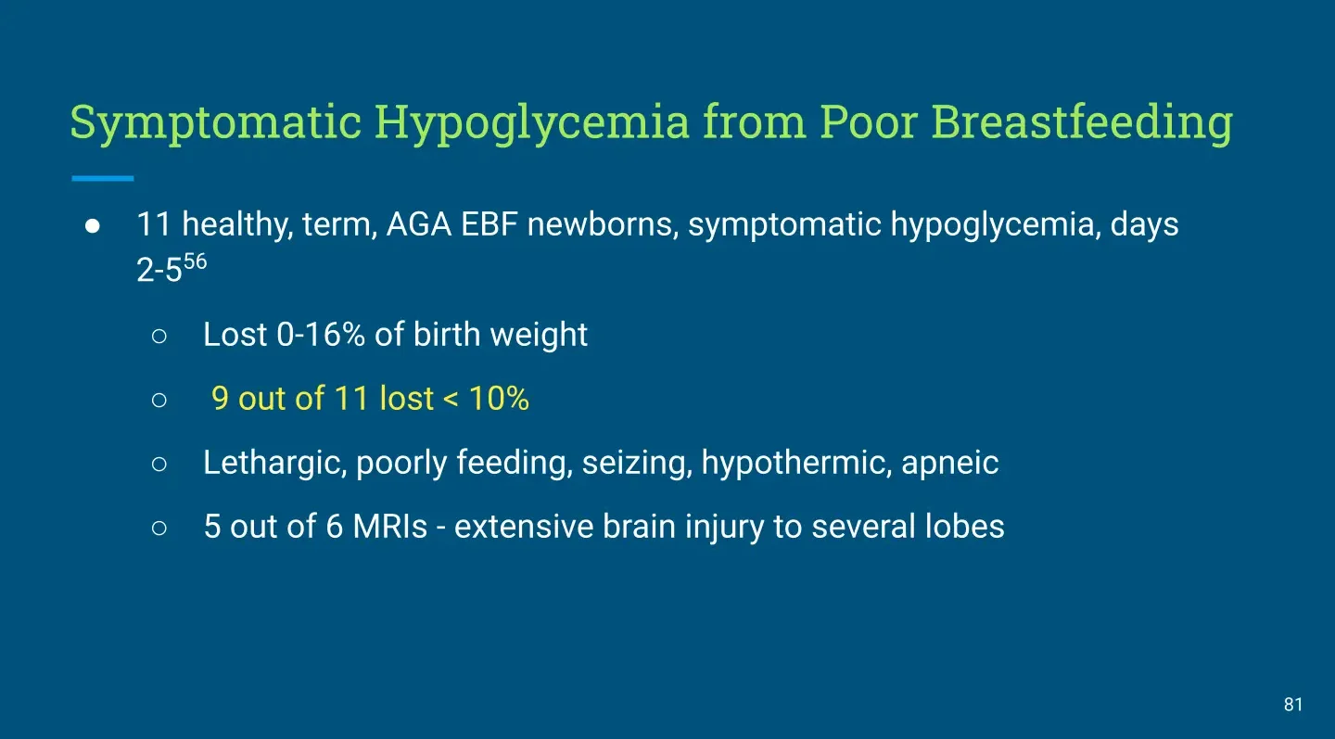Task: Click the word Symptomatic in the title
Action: pos(216,123)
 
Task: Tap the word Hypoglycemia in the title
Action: pos(531,123)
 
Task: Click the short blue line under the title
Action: pos(103,178)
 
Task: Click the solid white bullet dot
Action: pos(93,226)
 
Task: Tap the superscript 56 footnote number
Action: pos(195,261)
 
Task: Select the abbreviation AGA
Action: pos(419,224)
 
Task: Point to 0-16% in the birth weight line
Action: pos(321,335)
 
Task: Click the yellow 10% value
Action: pos(499,398)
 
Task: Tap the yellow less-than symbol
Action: pos(451,400)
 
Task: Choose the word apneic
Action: pos(950,464)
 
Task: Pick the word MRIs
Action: pos(389,527)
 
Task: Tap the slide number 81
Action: pos(1293,705)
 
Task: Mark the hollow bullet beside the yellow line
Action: pos(159,400)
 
